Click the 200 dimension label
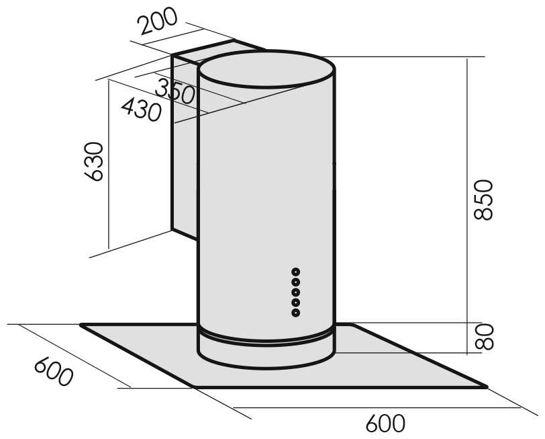(158, 22)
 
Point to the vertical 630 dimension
(94, 161)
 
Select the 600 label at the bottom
(385, 424)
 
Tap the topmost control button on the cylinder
(295, 272)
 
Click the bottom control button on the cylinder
(295, 313)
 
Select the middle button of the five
(295, 292)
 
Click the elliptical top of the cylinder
(266, 68)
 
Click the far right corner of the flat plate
(485, 386)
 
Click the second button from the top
(295, 282)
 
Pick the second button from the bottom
(295, 303)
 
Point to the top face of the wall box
(215, 50)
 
